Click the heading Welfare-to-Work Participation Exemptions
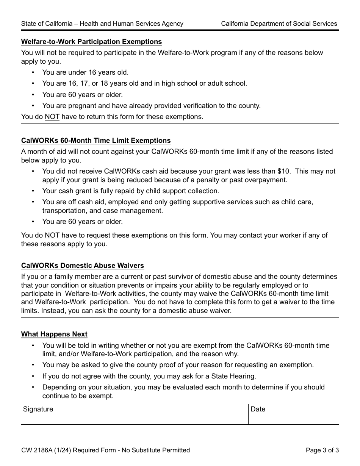point(91,42)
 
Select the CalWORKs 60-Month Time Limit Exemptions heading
point(96,141)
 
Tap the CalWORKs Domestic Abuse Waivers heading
point(83,266)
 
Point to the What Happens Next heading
point(54,334)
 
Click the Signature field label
point(38,409)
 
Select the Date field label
point(258,409)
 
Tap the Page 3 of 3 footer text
point(322,450)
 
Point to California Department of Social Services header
point(279,23)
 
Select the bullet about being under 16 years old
point(85,72)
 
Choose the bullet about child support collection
point(130,191)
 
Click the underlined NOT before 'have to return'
point(52,117)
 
